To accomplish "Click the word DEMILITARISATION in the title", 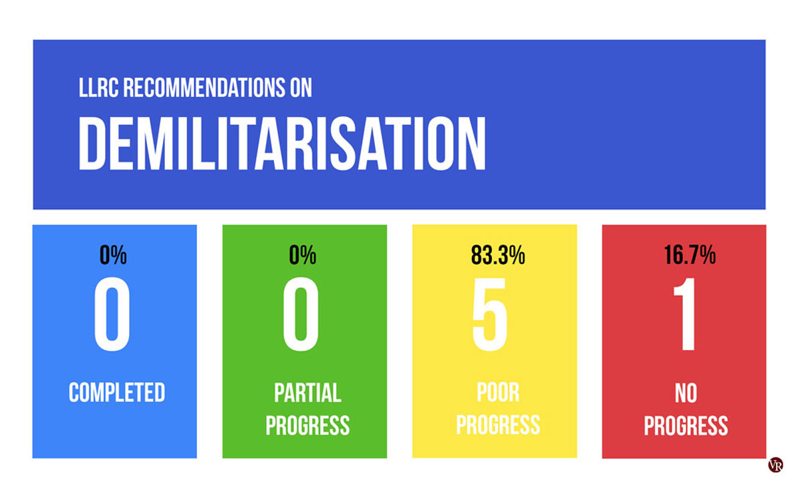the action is click(x=282, y=143).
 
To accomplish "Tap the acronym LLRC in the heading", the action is click(x=98, y=88).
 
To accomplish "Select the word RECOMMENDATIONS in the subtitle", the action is click(x=204, y=88).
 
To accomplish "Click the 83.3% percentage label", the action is click(x=498, y=255).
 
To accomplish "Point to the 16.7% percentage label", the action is click(x=690, y=255).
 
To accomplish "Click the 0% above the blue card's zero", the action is click(x=113, y=255).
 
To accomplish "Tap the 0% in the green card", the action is click(x=303, y=255).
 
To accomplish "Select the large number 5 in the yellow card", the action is click(x=490, y=314).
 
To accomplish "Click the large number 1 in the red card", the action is click(x=684, y=314).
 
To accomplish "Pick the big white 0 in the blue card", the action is click(x=112, y=314).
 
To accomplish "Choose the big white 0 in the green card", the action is click(x=301, y=314).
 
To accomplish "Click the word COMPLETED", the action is click(x=117, y=393).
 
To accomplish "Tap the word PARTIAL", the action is click(x=308, y=393).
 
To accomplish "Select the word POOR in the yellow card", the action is click(x=498, y=393).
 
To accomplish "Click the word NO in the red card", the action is click(x=686, y=393).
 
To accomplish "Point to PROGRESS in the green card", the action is click(x=307, y=425).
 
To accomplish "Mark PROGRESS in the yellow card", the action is click(x=498, y=425).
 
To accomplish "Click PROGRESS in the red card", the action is click(x=686, y=426).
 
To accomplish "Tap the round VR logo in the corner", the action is click(x=775, y=464).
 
